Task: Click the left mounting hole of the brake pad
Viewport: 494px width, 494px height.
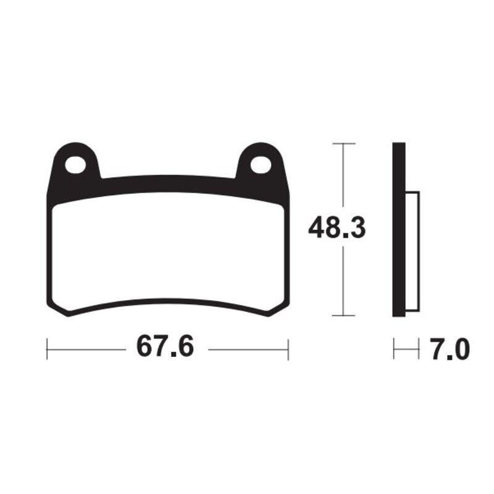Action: [77, 164]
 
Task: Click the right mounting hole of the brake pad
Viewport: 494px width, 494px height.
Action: [260, 164]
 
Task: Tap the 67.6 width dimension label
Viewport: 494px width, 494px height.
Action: [165, 348]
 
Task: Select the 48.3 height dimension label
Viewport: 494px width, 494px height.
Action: [337, 229]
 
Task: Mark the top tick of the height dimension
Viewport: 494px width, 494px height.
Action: [344, 143]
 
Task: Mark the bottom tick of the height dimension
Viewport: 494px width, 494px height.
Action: [344, 316]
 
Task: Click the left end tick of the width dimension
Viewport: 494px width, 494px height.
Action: [48, 349]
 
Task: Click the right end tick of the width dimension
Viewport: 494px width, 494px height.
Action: [288, 349]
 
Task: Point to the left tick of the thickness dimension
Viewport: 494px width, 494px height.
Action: [394, 350]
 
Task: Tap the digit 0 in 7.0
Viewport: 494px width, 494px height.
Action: [461, 350]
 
